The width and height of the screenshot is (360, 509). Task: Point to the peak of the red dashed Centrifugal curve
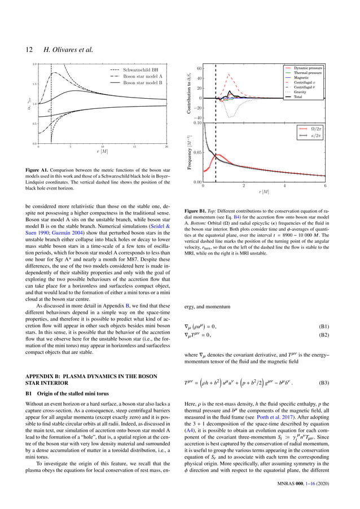[x=229, y=74]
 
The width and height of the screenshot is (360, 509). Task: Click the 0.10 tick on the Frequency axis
[x=198, y=122]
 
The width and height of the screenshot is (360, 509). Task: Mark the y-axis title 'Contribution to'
[x=190, y=93]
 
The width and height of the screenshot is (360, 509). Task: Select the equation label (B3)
[x=323, y=381]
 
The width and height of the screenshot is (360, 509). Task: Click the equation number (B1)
[x=323, y=326]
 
